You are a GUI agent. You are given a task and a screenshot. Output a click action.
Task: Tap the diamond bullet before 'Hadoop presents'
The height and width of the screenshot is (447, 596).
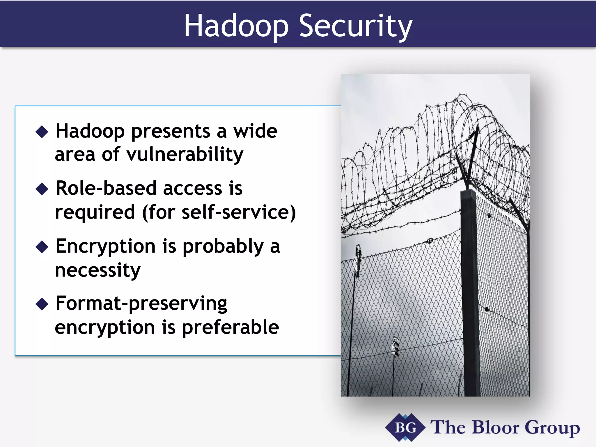pyautogui.click(x=42, y=132)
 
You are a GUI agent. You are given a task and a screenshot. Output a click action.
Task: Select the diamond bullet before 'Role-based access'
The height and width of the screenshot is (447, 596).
pyautogui.click(x=42, y=189)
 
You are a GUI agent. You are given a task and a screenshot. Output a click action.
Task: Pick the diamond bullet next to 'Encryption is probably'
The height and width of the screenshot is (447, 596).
pyautogui.click(x=42, y=247)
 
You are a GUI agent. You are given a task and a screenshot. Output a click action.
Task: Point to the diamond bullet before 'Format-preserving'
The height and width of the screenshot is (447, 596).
pyautogui.click(x=42, y=304)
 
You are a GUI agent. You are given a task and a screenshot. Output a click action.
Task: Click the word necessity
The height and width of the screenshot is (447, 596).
pyautogui.click(x=97, y=270)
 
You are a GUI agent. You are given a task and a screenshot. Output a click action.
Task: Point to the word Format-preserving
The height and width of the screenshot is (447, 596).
pyautogui.click(x=141, y=304)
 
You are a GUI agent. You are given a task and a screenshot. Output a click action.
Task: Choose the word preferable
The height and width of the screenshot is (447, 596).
pyautogui.click(x=230, y=327)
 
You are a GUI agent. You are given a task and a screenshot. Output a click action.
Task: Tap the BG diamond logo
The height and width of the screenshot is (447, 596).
pyautogui.click(x=405, y=428)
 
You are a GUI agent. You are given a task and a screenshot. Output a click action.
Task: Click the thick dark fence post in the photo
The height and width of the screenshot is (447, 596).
pyautogui.click(x=471, y=291)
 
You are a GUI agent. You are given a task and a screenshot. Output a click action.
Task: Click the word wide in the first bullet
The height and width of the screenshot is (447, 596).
pyautogui.click(x=255, y=131)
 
